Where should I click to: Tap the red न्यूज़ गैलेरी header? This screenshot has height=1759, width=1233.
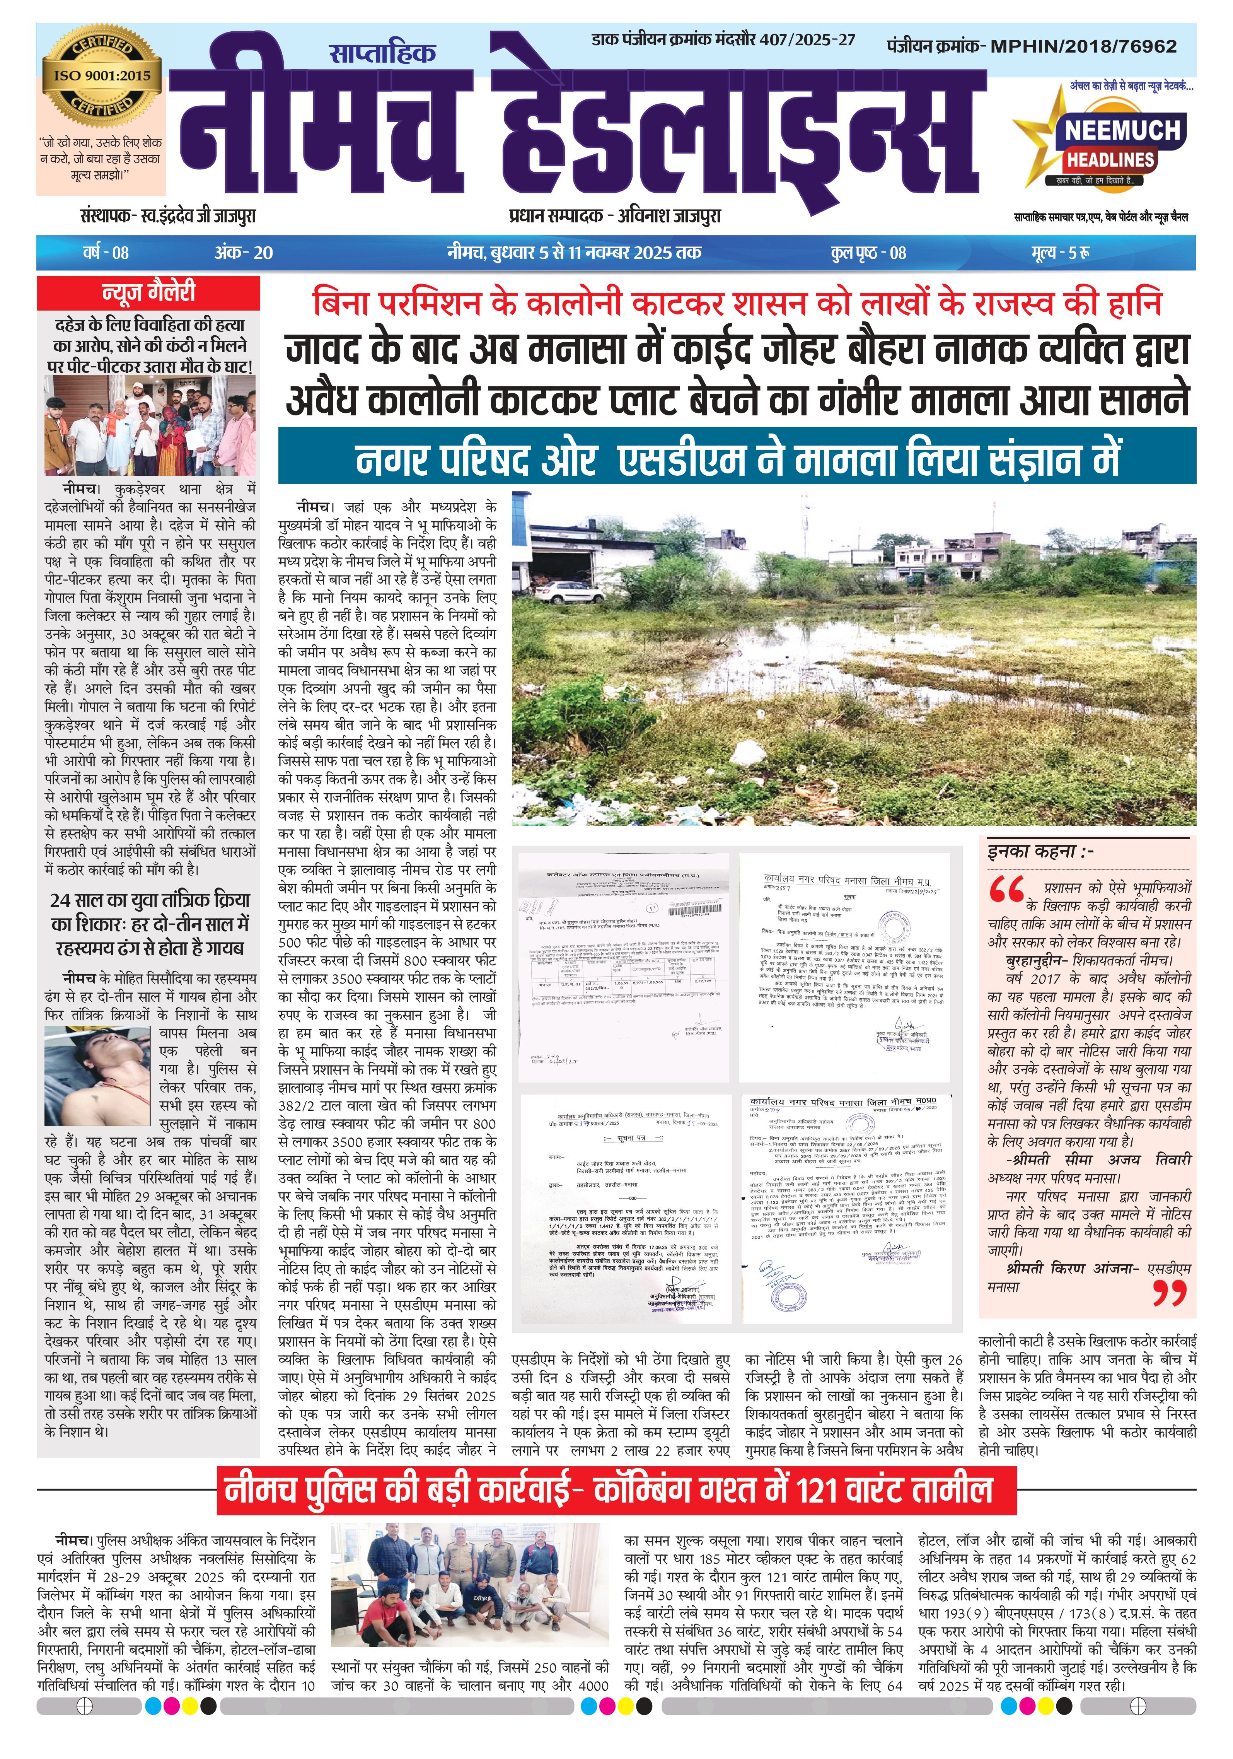tap(148, 293)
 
